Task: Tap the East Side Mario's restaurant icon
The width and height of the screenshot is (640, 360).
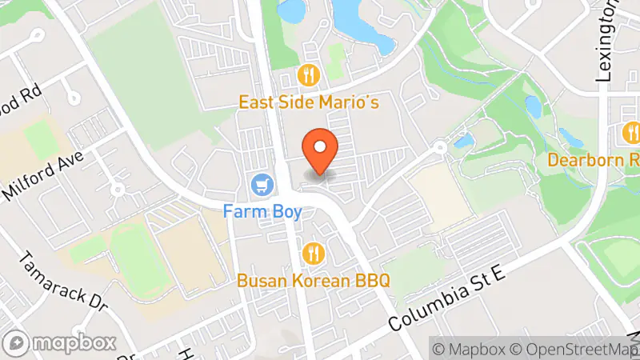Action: click(309, 76)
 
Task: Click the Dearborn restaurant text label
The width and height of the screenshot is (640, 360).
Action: click(594, 160)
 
